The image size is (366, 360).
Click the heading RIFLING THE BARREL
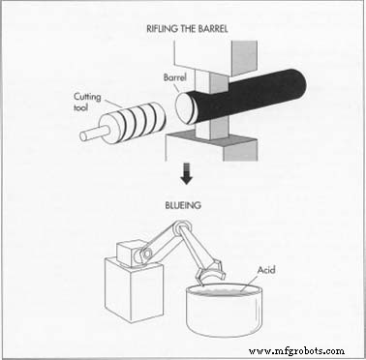click(187, 29)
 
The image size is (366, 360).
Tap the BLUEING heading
click(183, 205)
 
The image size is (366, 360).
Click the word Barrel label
click(175, 77)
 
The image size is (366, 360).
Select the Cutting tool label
click(87, 102)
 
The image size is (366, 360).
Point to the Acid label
click(266, 270)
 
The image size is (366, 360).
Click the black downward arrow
click(186, 174)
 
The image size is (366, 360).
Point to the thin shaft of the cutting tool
click(92, 133)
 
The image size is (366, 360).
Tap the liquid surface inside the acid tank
click(225, 291)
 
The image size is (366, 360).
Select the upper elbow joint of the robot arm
click(181, 227)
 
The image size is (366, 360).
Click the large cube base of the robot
click(134, 292)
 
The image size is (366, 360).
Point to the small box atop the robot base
click(128, 253)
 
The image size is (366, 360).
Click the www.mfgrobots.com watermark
click(296, 350)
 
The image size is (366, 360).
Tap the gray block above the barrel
click(216, 58)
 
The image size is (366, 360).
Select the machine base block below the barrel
click(211, 148)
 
